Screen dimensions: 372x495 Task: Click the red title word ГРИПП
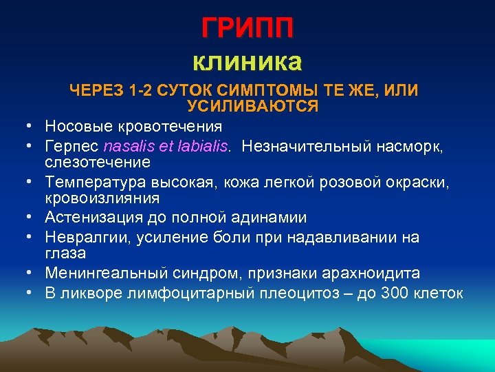point(247,28)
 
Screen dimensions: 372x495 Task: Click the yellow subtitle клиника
point(247,62)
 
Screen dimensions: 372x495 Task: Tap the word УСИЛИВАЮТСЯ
point(252,106)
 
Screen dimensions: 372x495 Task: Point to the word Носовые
point(76,126)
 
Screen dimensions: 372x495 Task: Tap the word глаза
point(65,254)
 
